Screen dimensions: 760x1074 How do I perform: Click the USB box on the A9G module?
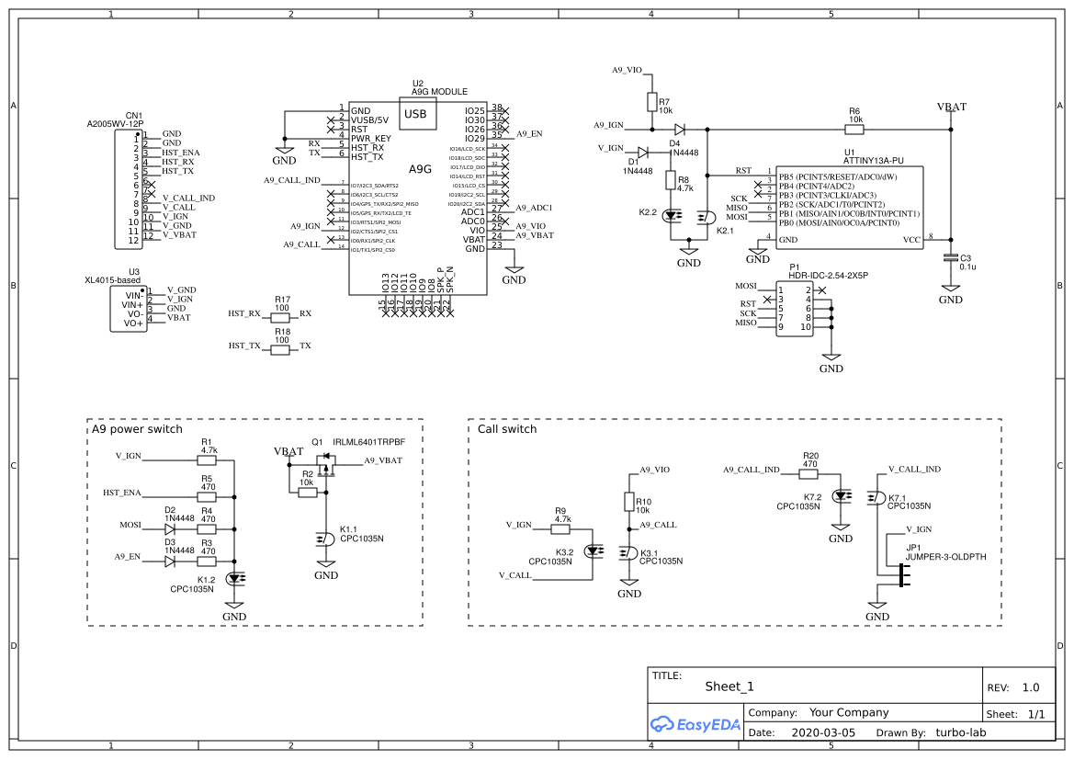[x=415, y=114]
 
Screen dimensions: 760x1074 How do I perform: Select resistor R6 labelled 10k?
[x=854, y=130]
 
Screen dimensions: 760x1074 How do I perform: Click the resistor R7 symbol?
[x=651, y=102]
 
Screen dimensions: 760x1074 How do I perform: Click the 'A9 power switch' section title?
[x=137, y=429]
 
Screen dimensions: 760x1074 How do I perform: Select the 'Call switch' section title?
[x=507, y=429]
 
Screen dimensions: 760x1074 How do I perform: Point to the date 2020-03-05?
[x=823, y=733]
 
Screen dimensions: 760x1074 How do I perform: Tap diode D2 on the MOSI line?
[x=170, y=528]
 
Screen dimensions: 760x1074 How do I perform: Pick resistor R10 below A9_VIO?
[x=629, y=503]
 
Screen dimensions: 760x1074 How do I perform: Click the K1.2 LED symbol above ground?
[x=235, y=579]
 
